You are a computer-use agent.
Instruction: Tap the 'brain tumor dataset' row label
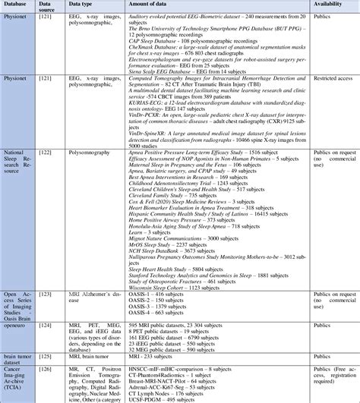(x=18, y=355)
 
